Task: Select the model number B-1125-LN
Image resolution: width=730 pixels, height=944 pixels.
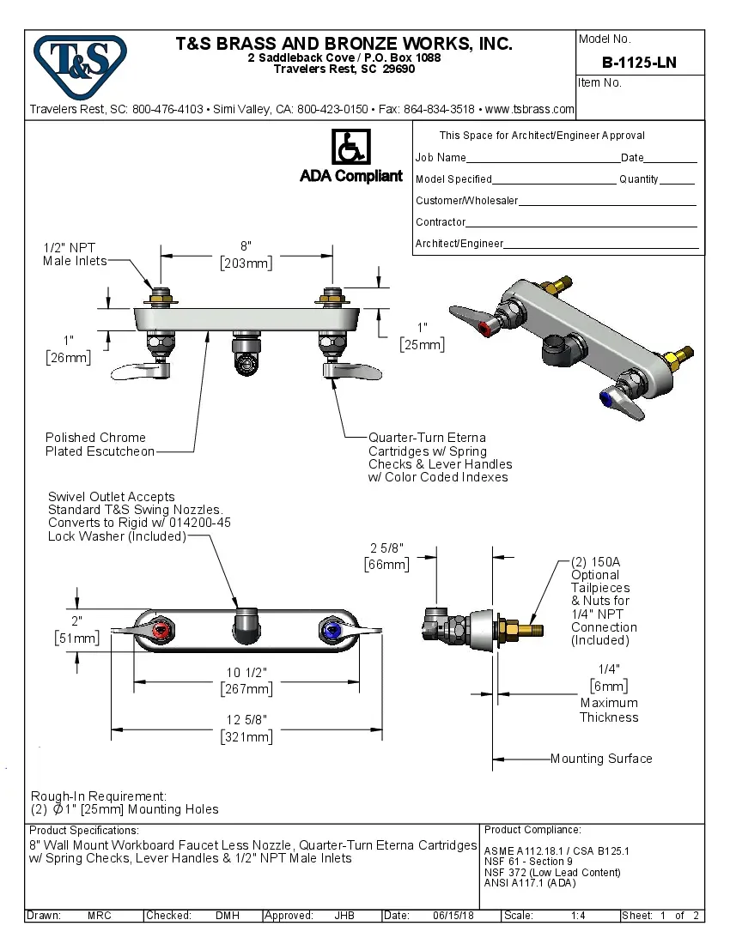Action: point(639,63)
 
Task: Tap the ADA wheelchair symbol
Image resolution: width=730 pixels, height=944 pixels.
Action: point(350,147)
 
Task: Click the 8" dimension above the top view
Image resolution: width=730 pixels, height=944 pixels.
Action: point(246,246)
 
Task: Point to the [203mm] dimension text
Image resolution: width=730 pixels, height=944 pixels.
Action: point(246,263)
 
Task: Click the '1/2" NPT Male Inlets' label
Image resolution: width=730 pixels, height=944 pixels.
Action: point(76,254)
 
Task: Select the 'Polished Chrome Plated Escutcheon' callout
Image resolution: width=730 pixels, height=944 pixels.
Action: point(100,445)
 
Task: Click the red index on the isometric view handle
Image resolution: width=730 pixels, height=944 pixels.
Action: point(488,328)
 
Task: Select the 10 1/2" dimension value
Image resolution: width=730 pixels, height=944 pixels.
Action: point(246,672)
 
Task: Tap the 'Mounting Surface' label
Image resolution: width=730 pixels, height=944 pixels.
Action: point(601,759)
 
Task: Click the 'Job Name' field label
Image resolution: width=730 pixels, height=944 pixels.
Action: point(441,158)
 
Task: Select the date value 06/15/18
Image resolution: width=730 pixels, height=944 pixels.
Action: point(453,916)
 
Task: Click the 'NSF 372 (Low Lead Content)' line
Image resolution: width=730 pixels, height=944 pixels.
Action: point(552,873)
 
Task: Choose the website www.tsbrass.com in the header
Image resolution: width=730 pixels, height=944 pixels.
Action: point(530,109)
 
